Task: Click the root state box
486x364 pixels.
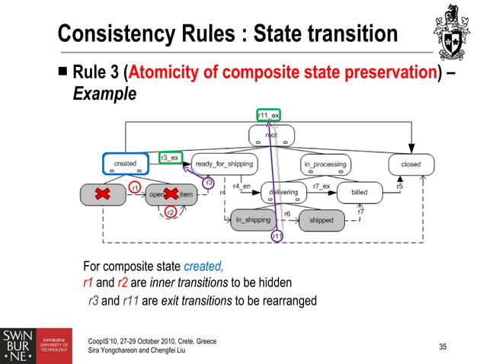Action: tap(271, 136)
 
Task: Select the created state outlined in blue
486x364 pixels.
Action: tap(125, 164)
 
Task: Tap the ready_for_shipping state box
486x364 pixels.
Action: tap(224, 164)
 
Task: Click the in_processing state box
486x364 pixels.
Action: tap(325, 164)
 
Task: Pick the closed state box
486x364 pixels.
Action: tap(411, 164)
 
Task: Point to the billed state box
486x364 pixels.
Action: tap(359, 193)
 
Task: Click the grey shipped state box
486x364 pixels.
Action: tap(321, 220)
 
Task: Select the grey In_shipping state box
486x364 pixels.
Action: tap(253, 220)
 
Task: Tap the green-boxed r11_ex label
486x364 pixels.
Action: tap(268, 115)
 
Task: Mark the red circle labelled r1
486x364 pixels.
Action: tap(134, 186)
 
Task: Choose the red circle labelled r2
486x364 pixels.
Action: tap(171, 212)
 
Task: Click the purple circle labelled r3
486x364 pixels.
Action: tap(209, 182)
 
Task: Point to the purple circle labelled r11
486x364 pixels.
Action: tap(278, 237)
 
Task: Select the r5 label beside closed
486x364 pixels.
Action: tap(400, 186)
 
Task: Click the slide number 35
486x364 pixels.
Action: tap(443, 347)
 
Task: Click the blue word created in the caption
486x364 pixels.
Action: tap(203, 267)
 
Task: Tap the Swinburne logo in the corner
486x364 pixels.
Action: tap(37, 346)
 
